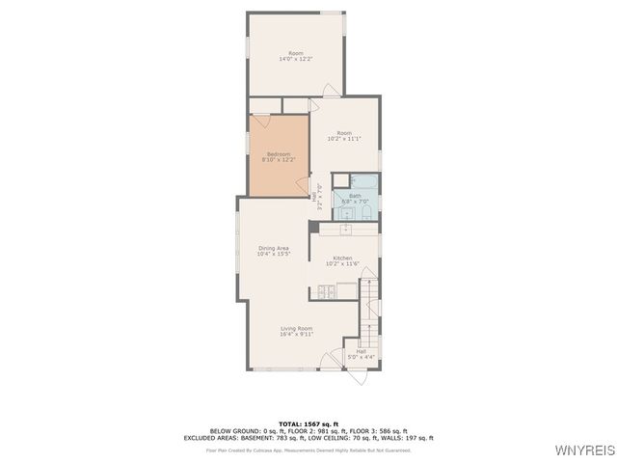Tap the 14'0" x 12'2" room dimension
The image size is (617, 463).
[x=296, y=60]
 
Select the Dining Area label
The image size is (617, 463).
[x=273, y=248]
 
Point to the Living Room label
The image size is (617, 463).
[x=296, y=329]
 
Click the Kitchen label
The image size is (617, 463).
[x=342, y=258]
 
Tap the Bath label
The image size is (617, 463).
[x=355, y=195]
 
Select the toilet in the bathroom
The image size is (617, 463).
[x=366, y=212]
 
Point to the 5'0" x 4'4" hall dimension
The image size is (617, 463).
[x=361, y=358]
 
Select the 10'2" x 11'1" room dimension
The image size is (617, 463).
[x=344, y=139]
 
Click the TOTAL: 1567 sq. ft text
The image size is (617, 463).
[x=308, y=423]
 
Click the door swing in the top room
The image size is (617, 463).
[x=331, y=91]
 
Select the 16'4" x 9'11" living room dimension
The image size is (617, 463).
[x=296, y=335]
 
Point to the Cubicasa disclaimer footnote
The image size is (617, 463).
[x=308, y=449]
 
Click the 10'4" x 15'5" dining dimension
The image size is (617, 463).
[x=273, y=254]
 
